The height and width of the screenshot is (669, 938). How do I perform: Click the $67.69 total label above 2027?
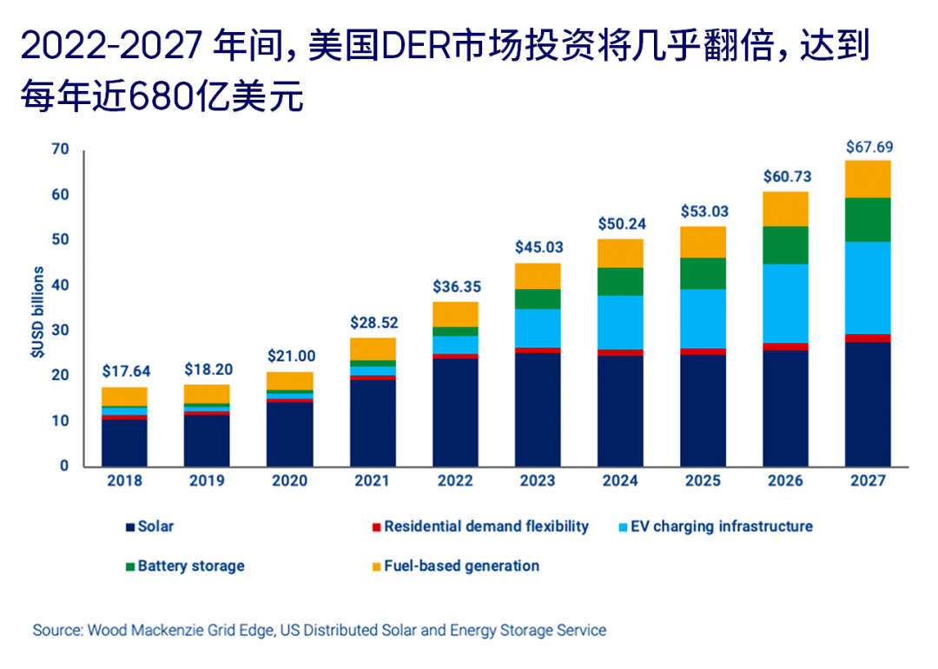[868, 147]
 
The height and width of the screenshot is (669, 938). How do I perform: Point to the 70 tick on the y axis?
[59, 149]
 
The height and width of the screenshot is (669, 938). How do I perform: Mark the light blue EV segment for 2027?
[868, 287]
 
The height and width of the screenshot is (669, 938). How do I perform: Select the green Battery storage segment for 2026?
[785, 245]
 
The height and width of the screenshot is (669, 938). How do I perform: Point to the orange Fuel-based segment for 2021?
[372, 348]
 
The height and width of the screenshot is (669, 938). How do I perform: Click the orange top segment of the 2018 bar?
[124, 397]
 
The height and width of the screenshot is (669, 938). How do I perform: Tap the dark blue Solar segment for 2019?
[207, 441]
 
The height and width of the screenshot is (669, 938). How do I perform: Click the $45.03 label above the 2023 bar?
[538, 246]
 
